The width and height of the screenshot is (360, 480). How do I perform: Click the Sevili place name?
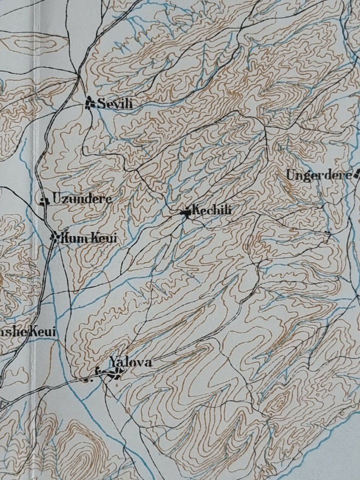point(115,104)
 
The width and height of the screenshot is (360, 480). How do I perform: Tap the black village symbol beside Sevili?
point(90,102)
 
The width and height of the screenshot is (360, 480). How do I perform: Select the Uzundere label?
point(82,199)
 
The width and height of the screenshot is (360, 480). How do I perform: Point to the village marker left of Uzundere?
point(44,200)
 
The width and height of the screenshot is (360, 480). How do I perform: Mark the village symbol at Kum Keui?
point(54,237)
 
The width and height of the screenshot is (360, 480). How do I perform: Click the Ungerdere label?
point(318,175)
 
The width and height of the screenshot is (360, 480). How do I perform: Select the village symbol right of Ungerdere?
point(357,175)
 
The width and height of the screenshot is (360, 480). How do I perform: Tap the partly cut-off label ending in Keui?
point(27,332)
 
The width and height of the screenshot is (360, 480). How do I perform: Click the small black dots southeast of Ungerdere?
point(328,233)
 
